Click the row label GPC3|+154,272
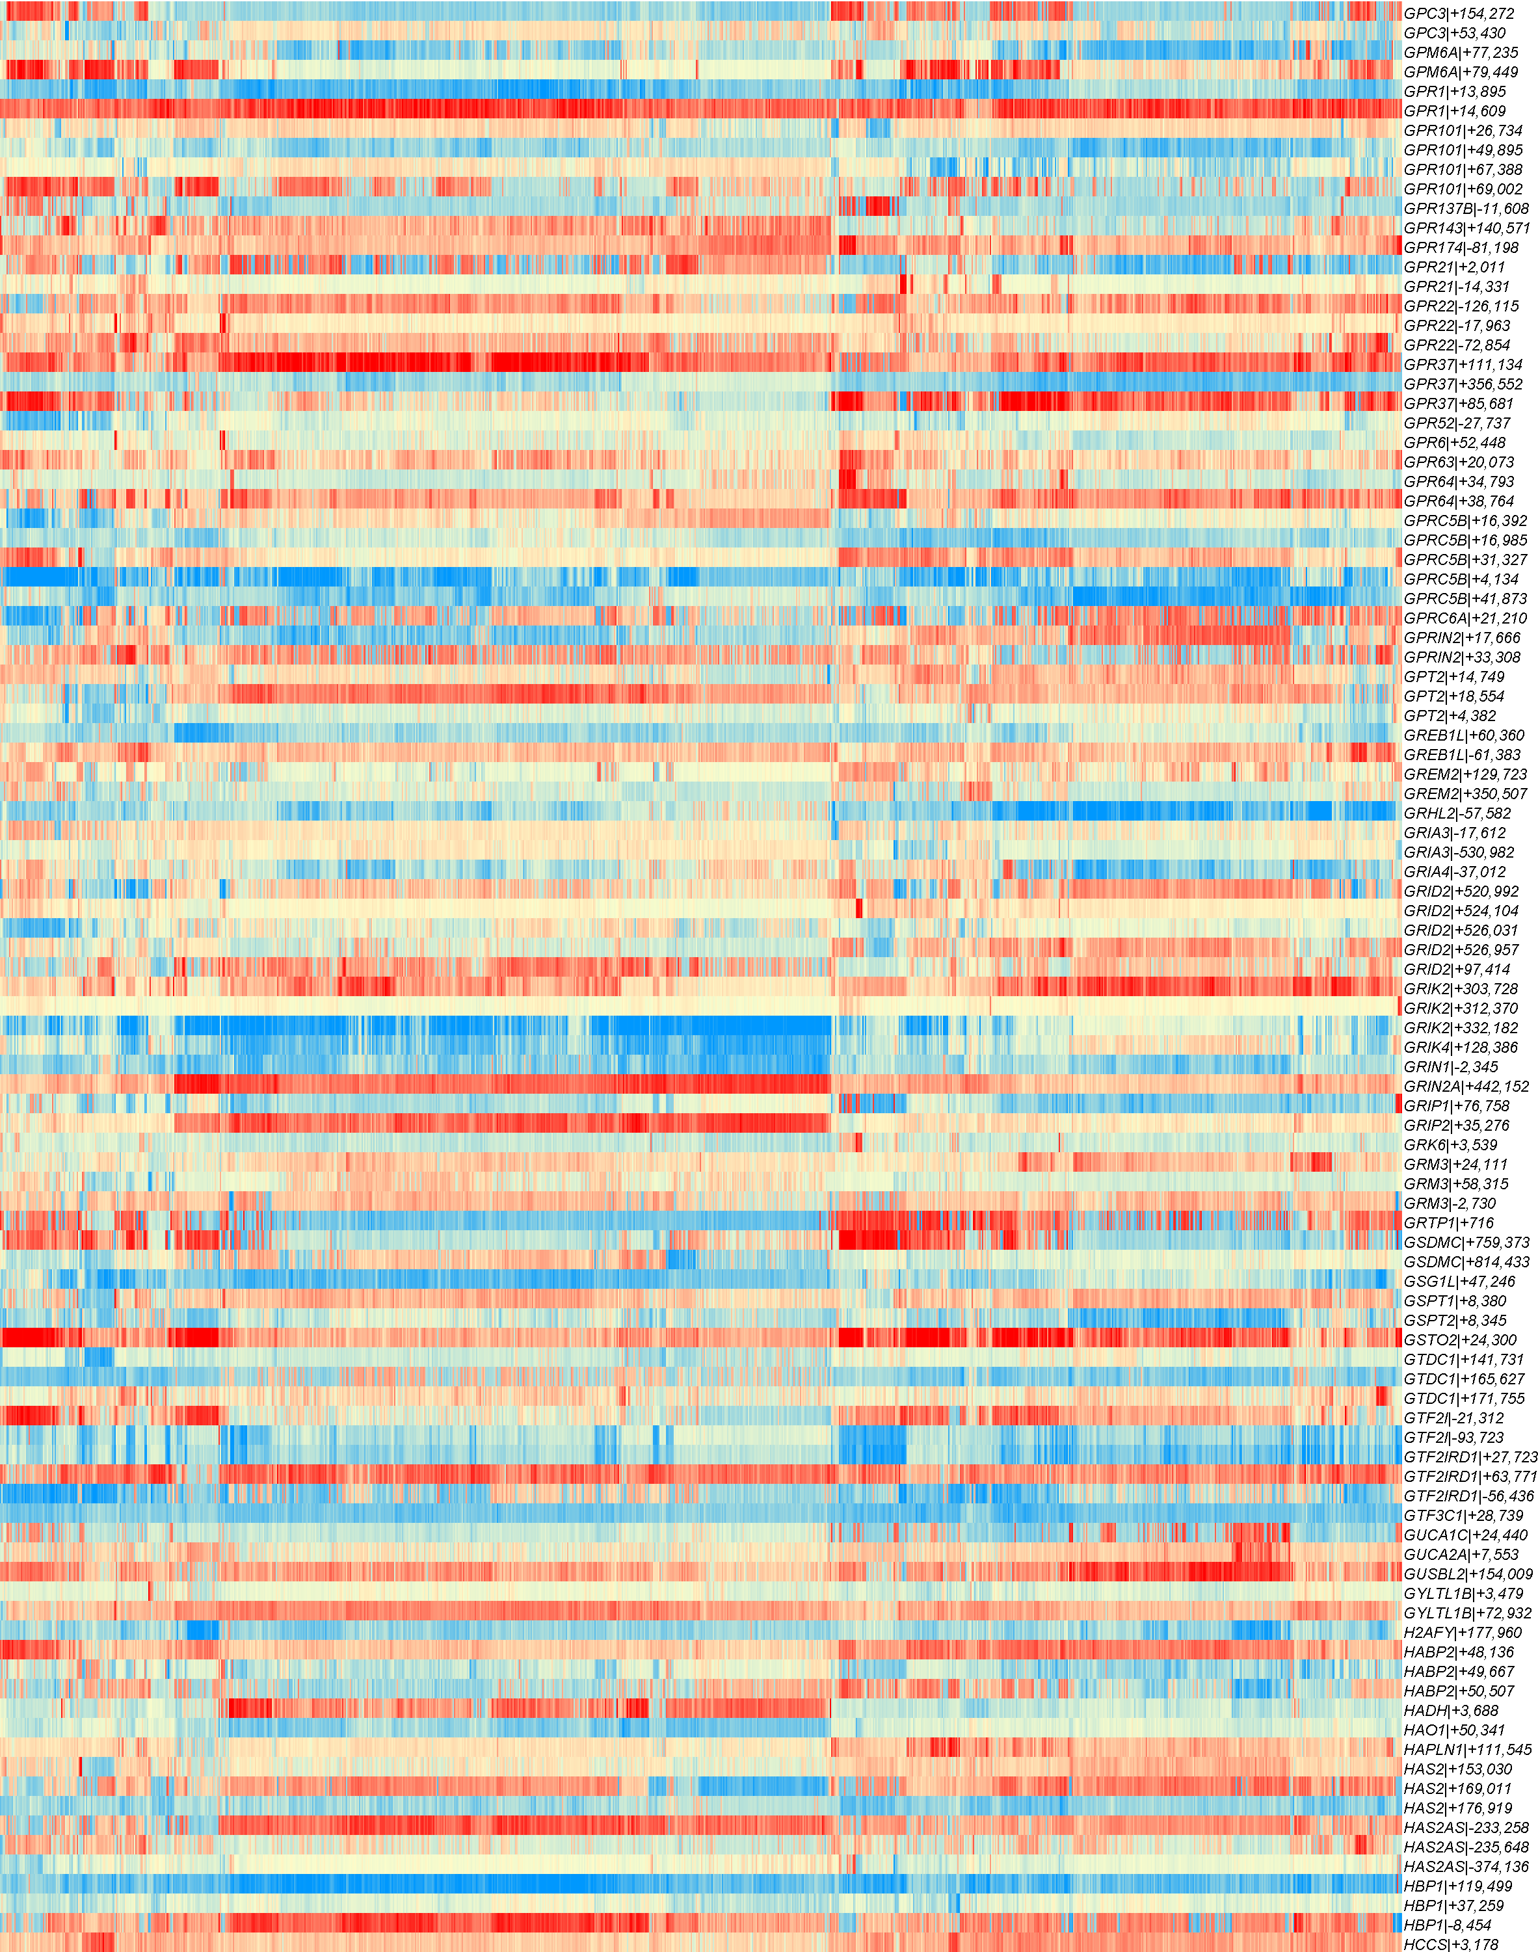pos(1459,14)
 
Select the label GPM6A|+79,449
pos(1459,72)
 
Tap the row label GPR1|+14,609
pos(1454,111)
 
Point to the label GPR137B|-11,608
pos(1466,209)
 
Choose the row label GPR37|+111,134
pos(1463,365)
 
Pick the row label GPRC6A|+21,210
pos(1465,618)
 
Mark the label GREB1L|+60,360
pos(1464,735)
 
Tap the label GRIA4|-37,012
pos(1454,871)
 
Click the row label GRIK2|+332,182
pos(1461,1028)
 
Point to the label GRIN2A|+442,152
pos(1466,1087)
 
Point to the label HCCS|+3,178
pos(1451,1945)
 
